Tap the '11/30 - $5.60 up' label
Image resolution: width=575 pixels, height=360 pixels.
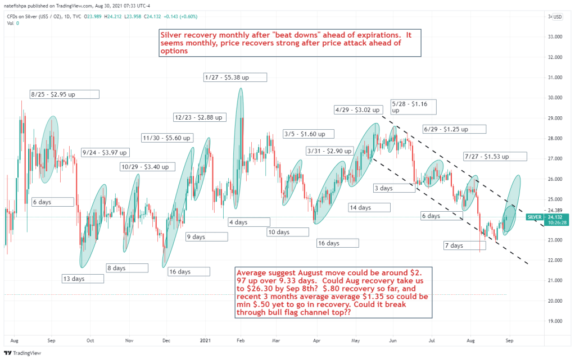[x=167, y=138]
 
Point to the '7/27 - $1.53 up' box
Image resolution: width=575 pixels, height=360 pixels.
[x=495, y=156]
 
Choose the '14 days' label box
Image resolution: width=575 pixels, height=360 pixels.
[x=368, y=207]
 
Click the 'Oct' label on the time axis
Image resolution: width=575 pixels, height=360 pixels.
[x=90, y=340]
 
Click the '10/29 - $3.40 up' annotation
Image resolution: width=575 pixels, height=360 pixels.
[x=147, y=167]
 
